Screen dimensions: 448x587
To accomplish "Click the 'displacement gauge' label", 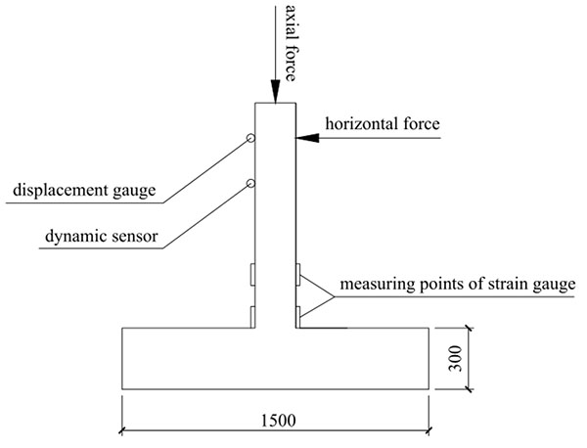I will tap(83, 190).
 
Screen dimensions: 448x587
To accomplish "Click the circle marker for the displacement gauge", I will tap(251, 140).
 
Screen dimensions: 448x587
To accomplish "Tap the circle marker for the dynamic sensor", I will tap(251, 184).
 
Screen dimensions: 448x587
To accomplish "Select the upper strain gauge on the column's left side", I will tap(252, 275).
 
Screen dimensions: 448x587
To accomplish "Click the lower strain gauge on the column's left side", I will tap(252, 316).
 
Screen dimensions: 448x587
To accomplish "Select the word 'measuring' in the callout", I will tap(373, 290).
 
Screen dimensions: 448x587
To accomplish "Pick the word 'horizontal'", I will tap(359, 124).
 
